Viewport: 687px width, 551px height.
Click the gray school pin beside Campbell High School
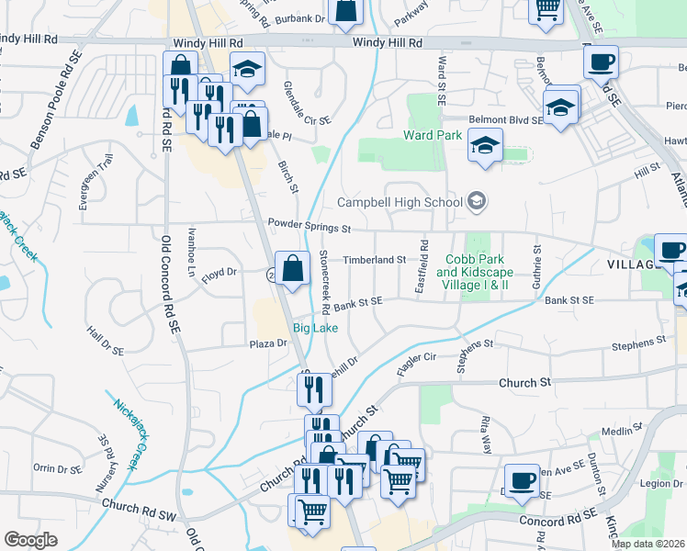tap(477, 200)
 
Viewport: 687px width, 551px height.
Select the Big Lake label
tap(315, 328)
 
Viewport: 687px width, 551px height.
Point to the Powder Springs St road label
tap(310, 224)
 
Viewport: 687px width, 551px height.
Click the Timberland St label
tap(374, 260)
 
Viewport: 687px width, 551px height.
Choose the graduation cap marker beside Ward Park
tap(485, 145)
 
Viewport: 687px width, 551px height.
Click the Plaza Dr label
tap(268, 343)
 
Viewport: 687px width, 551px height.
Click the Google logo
tap(30, 540)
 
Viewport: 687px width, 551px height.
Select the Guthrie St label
tap(537, 261)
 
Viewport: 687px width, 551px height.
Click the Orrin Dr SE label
tap(58, 468)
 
